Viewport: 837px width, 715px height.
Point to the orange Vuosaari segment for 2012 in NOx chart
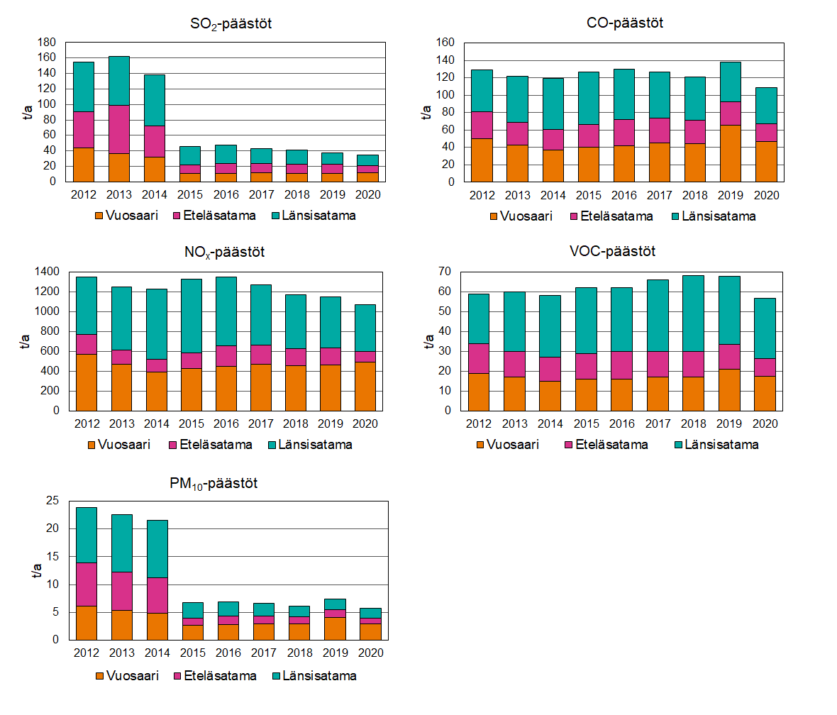click(86, 382)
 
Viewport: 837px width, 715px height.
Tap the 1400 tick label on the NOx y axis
click(48, 272)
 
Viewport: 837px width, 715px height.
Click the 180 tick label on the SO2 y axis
click(45, 42)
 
